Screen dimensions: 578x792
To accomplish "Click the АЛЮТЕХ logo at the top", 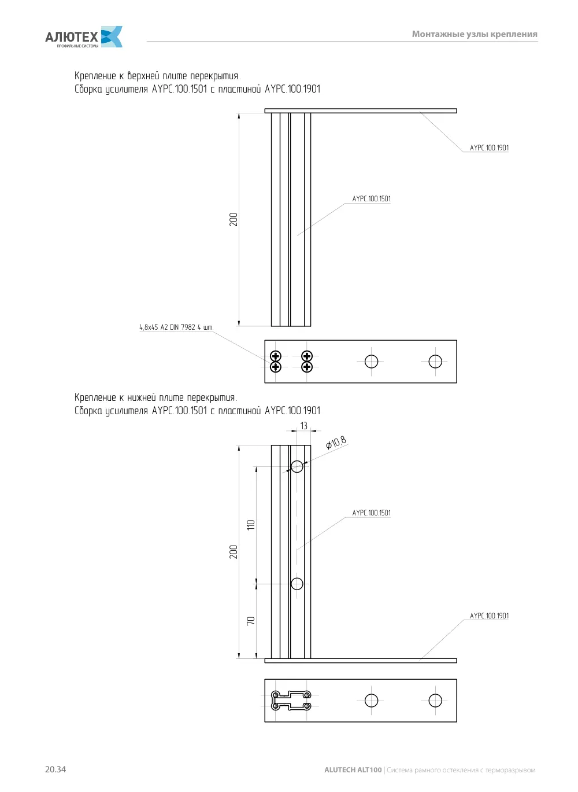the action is [x=84, y=36].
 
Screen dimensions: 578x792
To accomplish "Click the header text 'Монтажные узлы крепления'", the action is [x=475, y=34].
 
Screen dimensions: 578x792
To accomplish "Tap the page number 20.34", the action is [x=55, y=769].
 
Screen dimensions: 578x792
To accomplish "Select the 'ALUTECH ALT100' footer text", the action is [x=353, y=769].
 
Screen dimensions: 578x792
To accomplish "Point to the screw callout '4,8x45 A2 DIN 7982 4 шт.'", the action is [x=176, y=327].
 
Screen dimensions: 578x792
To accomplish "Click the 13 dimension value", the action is [x=304, y=426].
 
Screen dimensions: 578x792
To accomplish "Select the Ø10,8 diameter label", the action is [x=336, y=443].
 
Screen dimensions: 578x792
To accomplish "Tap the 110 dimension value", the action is [x=250, y=525].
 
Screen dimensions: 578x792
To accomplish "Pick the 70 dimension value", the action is [x=250, y=621].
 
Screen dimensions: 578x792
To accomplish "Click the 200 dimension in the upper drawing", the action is [x=234, y=220].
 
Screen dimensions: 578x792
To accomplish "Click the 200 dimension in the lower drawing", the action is [x=234, y=552].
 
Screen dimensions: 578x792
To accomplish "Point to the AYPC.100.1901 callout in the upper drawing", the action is [x=490, y=148].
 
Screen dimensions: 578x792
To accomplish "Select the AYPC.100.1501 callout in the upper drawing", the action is [x=371, y=198].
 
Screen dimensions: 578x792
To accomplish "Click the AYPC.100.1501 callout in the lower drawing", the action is [x=371, y=513].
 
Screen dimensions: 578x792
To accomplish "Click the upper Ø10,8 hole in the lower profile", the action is [x=297, y=466].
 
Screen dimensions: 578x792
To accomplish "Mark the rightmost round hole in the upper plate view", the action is [x=435, y=362].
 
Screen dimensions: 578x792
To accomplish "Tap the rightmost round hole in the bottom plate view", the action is [x=435, y=701].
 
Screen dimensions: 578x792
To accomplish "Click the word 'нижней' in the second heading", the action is [x=141, y=397].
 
